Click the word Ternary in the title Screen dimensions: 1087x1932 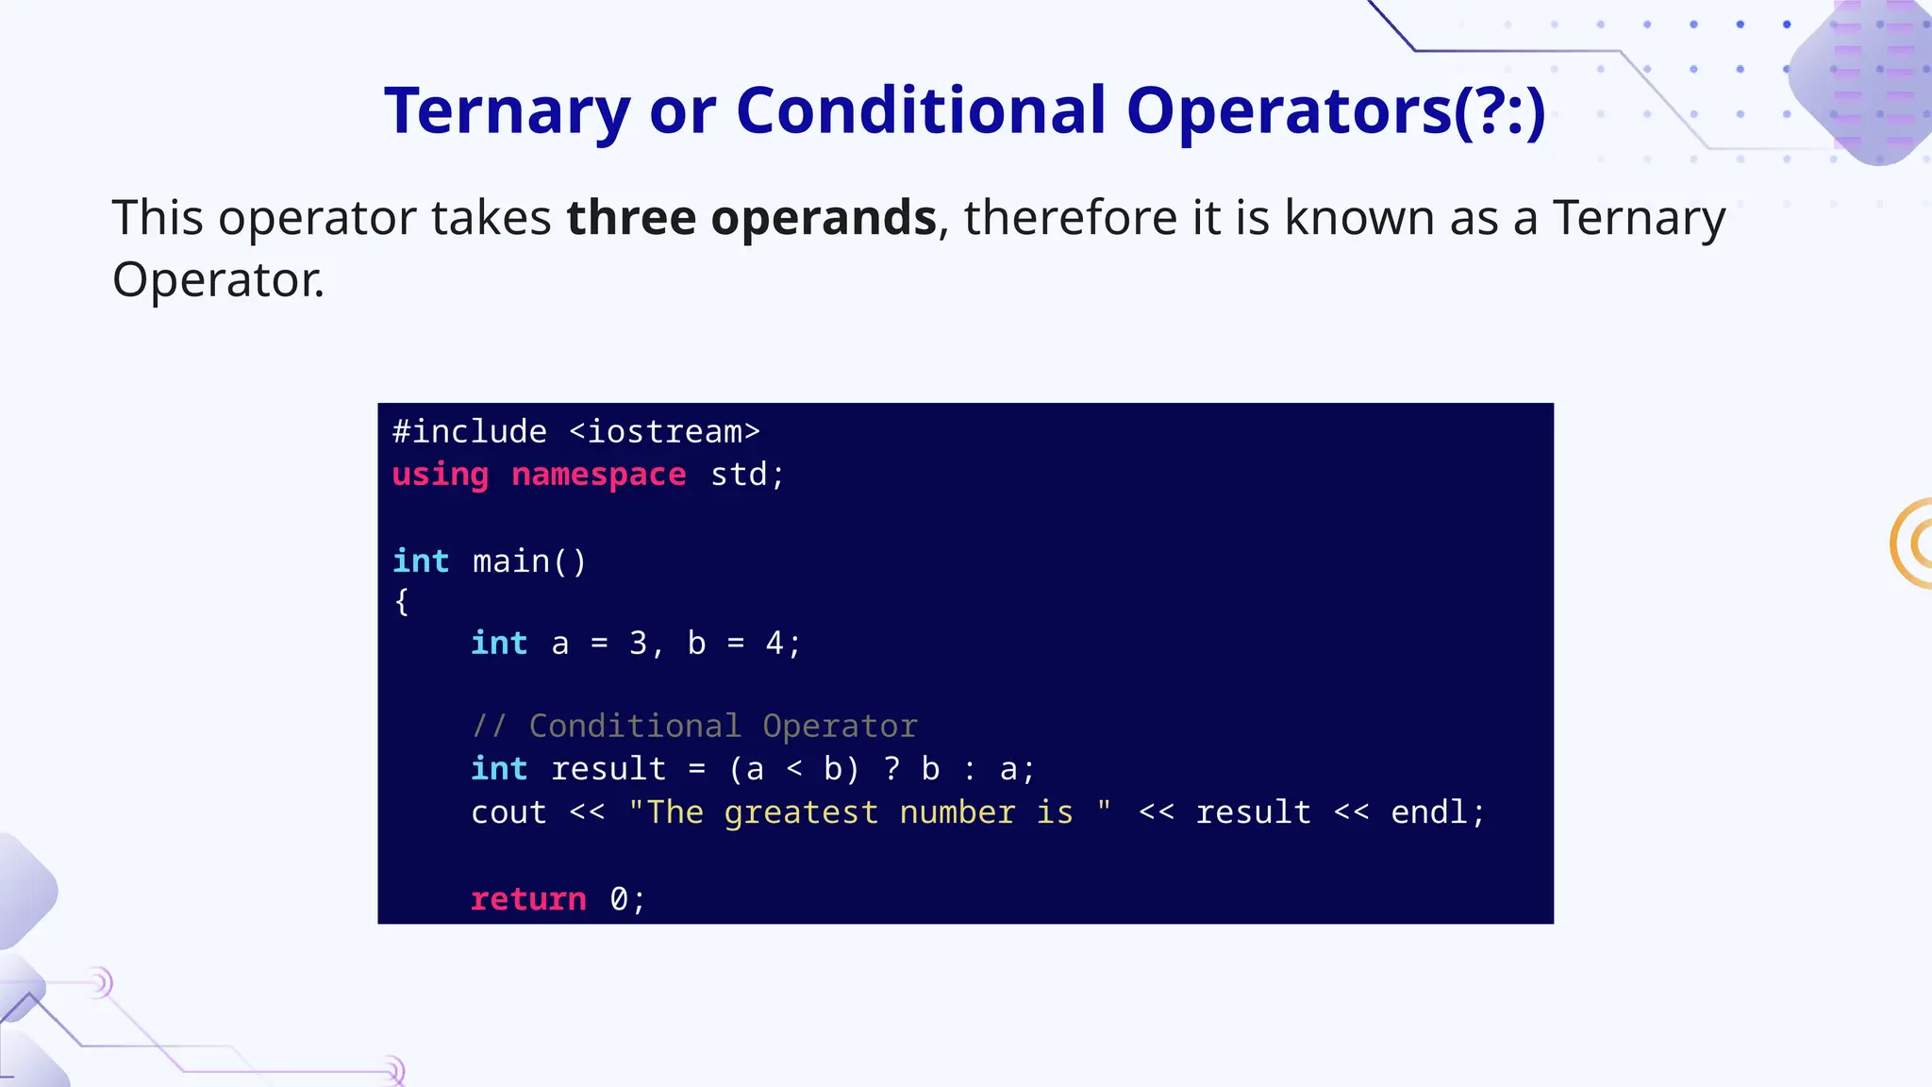(x=507, y=111)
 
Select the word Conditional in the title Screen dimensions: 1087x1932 (x=920, y=111)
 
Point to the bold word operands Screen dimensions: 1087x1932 (x=824, y=218)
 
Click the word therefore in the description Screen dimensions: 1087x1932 (x=1071, y=218)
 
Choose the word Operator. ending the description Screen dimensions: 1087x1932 (x=218, y=280)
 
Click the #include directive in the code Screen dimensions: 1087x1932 (x=470, y=432)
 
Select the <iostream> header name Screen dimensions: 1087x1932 (x=665, y=432)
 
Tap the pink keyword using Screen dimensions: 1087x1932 (x=441, y=475)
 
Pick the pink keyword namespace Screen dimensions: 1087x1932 (x=598, y=475)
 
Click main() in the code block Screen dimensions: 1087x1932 (x=529, y=561)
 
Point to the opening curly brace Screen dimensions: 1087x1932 (x=402, y=601)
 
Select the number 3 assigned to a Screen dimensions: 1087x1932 (x=639, y=644)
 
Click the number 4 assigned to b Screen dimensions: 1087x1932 (x=774, y=644)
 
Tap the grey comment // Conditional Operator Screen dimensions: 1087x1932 (x=694, y=726)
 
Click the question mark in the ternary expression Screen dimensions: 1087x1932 (x=891, y=769)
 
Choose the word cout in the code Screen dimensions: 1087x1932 (x=508, y=812)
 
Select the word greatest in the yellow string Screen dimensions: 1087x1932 (x=801, y=812)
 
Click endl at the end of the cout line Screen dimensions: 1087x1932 (x=1429, y=812)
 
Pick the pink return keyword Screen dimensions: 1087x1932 (x=528, y=899)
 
